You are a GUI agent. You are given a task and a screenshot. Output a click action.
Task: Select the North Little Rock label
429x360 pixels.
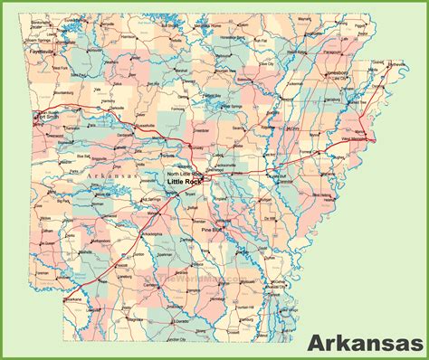(x=184, y=174)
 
